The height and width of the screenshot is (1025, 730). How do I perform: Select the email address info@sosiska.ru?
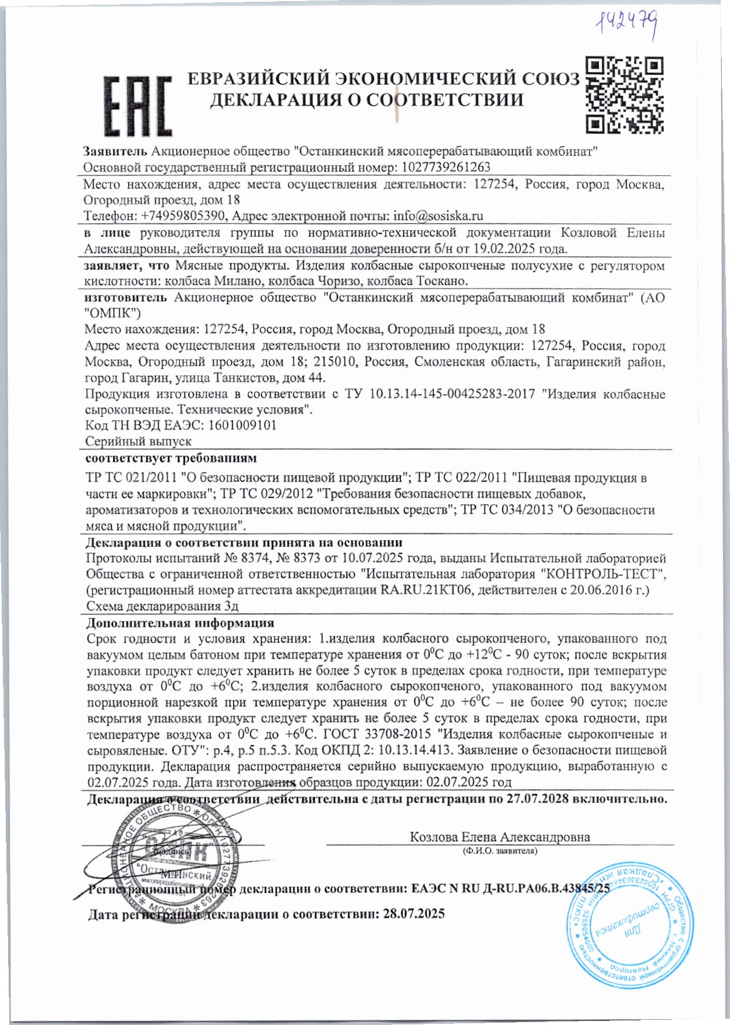(438, 216)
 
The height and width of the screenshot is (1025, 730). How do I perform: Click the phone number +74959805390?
(185, 216)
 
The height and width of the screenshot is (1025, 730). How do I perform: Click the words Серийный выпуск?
(138, 442)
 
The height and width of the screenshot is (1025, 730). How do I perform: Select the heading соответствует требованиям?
(171, 459)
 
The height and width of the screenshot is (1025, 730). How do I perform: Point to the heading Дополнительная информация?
(179, 623)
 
